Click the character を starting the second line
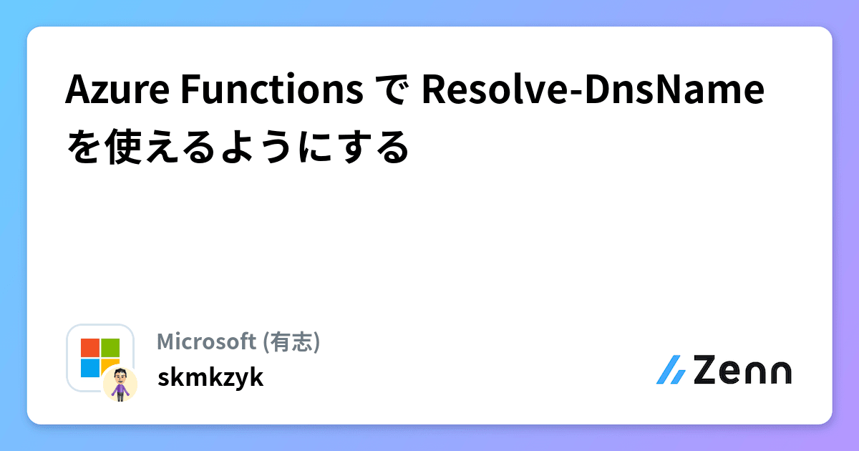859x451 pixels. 80,148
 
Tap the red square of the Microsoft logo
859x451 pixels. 90,348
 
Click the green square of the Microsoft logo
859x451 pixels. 110,348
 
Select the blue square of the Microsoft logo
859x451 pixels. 90,367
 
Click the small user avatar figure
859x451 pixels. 120,384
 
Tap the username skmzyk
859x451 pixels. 210,377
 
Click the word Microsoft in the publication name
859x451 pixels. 207,342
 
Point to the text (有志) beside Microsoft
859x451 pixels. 291,342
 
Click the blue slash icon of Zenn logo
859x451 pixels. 671,371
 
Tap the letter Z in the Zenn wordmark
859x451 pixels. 707,371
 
